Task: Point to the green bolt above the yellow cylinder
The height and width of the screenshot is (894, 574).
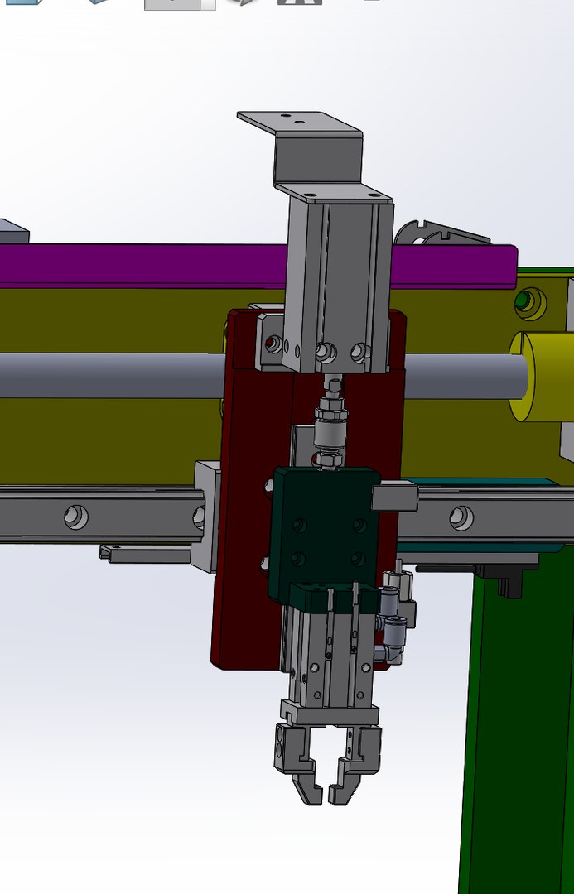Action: point(523,300)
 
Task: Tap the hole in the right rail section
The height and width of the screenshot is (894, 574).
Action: point(461,518)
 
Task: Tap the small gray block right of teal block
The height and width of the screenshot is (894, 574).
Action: point(394,497)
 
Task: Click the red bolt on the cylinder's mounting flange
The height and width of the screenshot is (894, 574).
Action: point(271,342)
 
